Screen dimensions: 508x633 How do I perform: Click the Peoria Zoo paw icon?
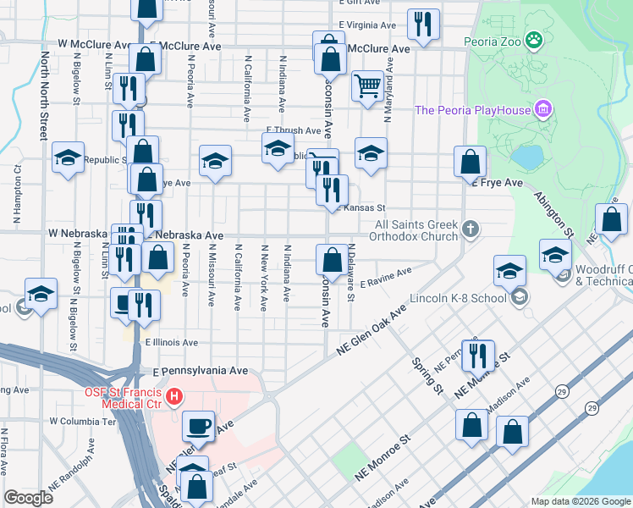coord(533,39)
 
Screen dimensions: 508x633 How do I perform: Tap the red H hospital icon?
coord(174,395)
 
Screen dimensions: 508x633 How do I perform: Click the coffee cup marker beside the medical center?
coord(199,426)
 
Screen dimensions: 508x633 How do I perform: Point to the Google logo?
coord(28,498)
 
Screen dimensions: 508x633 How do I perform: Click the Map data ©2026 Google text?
coord(580,501)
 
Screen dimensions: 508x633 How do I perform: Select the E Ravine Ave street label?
coord(385,279)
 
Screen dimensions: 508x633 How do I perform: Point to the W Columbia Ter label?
coord(81,421)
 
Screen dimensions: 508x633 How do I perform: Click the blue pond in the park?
coord(526,157)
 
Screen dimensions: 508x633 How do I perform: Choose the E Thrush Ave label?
coord(293,131)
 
